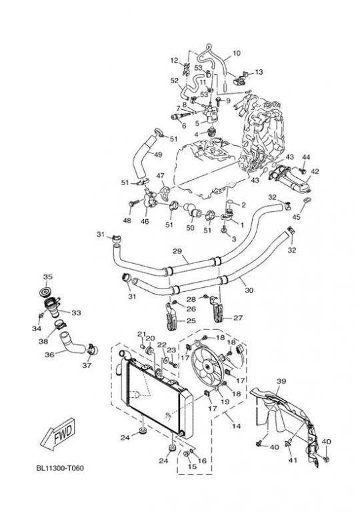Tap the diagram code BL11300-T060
[60, 468]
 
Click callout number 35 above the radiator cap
[47, 276]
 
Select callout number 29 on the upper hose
[177, 251]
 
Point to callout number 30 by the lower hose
[249, 290]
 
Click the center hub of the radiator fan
[206, 366]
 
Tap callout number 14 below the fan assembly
[236, 426]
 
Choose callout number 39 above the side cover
[281, 381]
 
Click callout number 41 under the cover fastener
[293, 460]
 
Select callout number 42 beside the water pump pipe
[315, 171]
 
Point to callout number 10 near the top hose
[236, 53]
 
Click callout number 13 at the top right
[258, 72]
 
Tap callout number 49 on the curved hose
[158, 155]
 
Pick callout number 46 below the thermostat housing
[145, 221]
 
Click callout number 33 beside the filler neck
[76, 312]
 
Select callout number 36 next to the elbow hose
[49, 354]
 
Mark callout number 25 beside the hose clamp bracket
[191, 320]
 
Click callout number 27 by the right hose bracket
[238, 317]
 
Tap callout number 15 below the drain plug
[193, 466]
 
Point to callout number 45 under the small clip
[296, 217]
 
